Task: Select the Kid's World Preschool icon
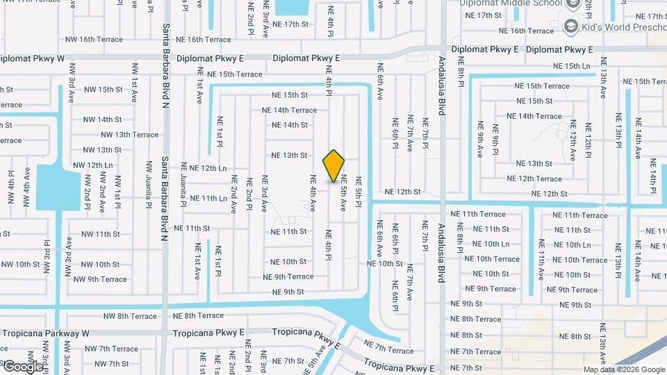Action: tap(571, 26)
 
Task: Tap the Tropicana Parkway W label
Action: tap(46, 333)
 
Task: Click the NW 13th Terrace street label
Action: tap(129, 135)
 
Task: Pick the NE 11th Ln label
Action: tap(208, 199)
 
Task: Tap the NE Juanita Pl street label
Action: tap(184, 185)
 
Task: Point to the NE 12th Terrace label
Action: tap(534, 179)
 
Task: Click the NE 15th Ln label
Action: tap(571, 66)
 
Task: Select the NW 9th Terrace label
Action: tap(98, 279)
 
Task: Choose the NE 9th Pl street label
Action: tap(495, 140)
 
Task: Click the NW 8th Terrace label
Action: tap(130, 316)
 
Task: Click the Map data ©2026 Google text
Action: tap(624, 370)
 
